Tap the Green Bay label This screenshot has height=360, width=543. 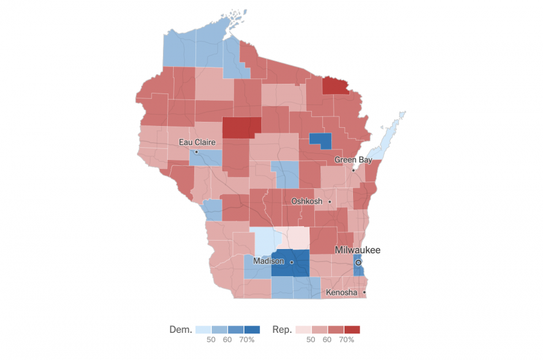(x=353, y=160)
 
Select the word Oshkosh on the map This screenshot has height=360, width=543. (x=306, y=201)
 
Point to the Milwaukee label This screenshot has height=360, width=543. (x=358, y=250)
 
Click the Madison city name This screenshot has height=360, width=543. (x=269, y=261)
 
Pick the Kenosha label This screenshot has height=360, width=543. (x=342, y=292)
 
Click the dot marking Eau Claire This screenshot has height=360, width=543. (x=196, y=152)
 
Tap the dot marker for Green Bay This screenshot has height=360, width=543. (x=354, y=170)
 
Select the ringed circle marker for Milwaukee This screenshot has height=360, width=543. (x=358, y=263)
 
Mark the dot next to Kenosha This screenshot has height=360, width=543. (x=364, y=293)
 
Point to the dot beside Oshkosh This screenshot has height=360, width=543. (x=329, y=201)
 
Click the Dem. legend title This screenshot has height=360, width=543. (x=181, y=330)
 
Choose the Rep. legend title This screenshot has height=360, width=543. (x=281, y=330)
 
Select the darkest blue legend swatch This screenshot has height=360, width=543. (x=252, y=330)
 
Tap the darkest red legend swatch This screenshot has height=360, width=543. (x=352, y=330)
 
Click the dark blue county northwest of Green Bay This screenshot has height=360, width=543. (x=320, y=140)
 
